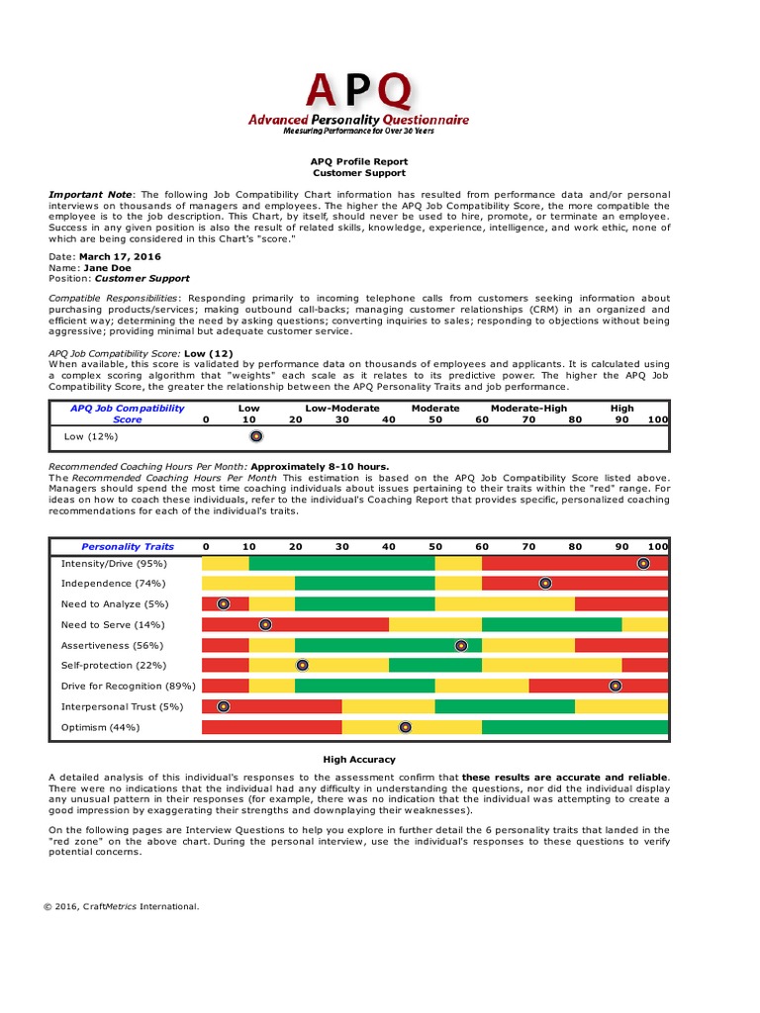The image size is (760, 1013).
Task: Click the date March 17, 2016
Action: (x=120, y=256)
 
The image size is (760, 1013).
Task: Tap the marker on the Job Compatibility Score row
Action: (x=255, y=436)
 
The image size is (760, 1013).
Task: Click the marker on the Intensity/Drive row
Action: (x=643, y=563)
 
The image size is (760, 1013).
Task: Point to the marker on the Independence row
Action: (x=545, y=584)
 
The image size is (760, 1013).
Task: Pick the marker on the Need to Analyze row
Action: (x=224, y=603)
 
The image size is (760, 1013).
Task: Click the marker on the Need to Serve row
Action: (x=265, y=624)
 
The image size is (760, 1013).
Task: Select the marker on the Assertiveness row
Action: (x=461, y=645)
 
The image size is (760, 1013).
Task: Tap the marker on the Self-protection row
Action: (x=302, y=666)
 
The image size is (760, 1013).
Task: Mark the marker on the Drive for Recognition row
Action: (x=616, y=686)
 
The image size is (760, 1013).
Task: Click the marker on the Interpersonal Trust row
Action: (x=224, y=706)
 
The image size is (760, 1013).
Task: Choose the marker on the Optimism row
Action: (x=405, y=727)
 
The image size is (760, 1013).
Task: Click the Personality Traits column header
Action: (x=128, y=546)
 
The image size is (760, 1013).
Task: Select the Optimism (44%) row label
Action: (x=100, y=727)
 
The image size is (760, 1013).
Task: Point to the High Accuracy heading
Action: (x=359, y=760)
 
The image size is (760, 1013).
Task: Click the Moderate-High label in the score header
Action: (x=528, y=408)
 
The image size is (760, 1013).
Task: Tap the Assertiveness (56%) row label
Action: (x=110, y=645)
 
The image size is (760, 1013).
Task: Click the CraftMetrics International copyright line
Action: (x=121, y=905)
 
